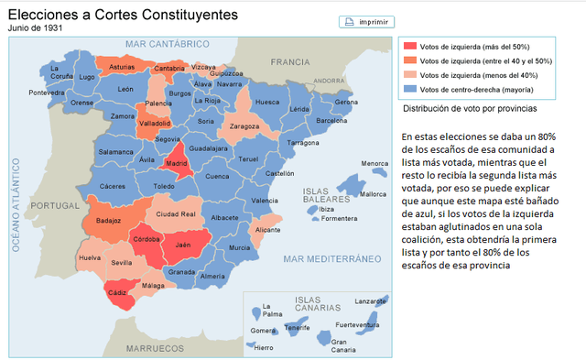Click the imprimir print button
(365, 21)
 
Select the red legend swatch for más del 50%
(410, 47)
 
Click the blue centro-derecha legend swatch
(410, 89)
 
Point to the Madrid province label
(177, 164)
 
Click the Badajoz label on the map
(108, 221)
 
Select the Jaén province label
(183, 245)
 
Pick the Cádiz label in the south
(118, 292)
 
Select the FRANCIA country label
(290, 61)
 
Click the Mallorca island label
(373, 194)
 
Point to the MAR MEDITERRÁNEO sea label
(331, 259)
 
